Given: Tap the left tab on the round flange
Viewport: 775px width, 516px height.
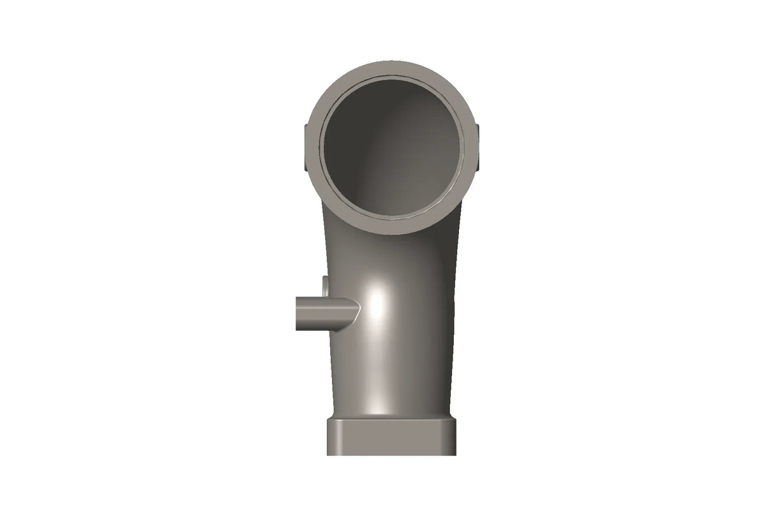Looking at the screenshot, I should (306, 148).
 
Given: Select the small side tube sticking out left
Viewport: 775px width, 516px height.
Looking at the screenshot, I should (322, 313).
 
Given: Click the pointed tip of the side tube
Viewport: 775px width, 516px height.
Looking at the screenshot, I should (357, 309).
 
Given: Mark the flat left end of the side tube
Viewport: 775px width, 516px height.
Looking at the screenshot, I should (297, 313).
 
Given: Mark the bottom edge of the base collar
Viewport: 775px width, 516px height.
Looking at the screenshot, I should (391, 453).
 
